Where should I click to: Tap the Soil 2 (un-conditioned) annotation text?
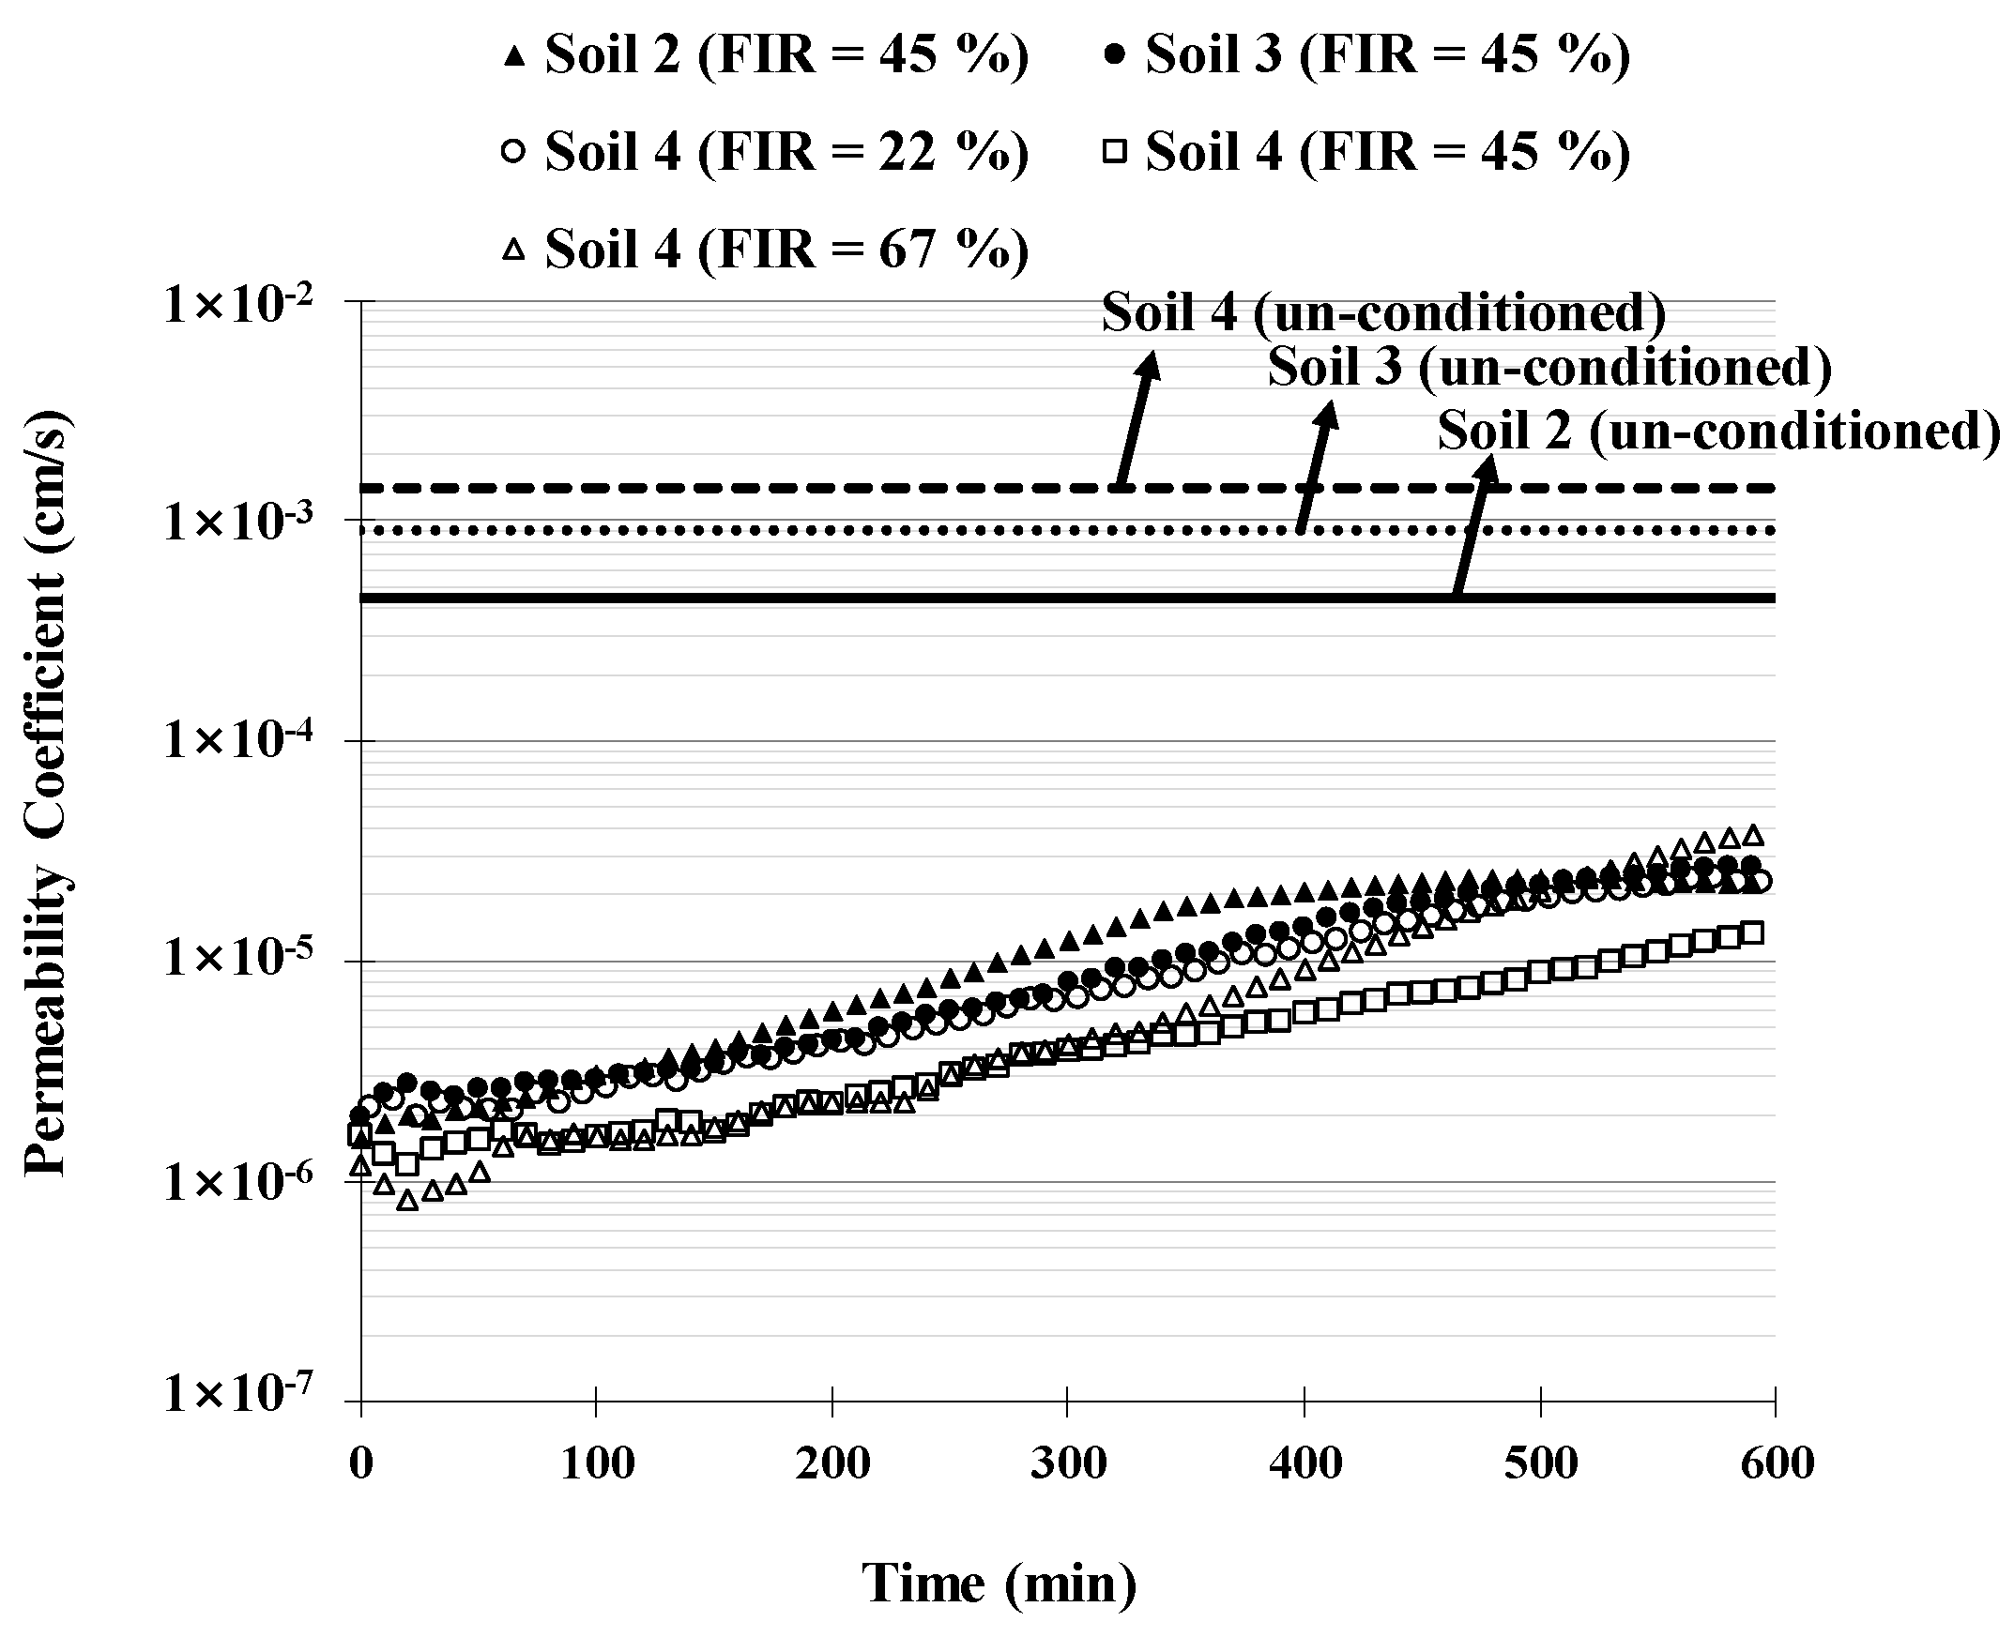point(1717,431)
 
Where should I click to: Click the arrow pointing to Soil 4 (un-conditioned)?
point(1135,418)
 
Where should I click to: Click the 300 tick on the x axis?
point(1067,1463)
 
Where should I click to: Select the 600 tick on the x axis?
point(1775,1463)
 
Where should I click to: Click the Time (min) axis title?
point(999,1583)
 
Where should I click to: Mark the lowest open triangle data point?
point(407,1201)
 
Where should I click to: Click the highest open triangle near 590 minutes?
point(1753,836)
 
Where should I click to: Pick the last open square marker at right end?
point(1753,933)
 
